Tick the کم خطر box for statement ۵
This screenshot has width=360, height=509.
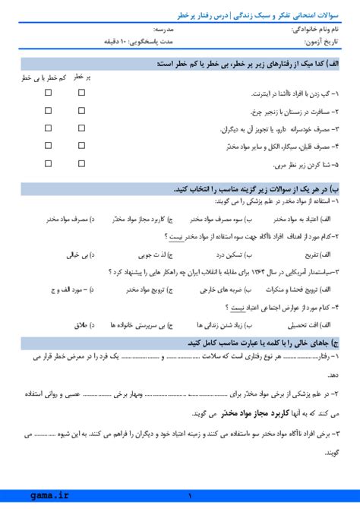pos(48,163)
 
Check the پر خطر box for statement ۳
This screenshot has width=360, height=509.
pos(81,128)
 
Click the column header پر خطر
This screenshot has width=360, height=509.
pos(82,77)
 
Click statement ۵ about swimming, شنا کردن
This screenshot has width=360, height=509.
pos(292,163)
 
